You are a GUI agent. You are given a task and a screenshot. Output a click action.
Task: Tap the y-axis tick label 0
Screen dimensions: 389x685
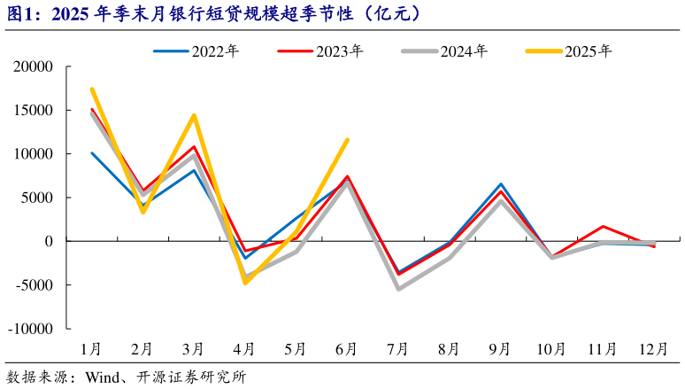click(50, 241)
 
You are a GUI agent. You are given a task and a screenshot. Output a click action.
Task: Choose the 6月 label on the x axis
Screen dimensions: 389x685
click(347, 349)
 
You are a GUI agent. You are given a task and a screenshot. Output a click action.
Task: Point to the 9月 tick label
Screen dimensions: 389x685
click(501, 349)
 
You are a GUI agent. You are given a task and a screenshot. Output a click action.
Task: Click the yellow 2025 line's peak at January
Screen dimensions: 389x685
click(92, 89)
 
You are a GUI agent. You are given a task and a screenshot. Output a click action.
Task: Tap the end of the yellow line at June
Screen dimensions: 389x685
click(347, 140)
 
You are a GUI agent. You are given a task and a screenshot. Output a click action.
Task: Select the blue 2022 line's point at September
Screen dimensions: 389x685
click(501, 184)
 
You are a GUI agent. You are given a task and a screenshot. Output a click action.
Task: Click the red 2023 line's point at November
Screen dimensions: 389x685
click(603, 227)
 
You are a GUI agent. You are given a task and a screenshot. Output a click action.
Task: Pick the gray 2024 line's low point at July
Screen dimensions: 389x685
click(398, 289)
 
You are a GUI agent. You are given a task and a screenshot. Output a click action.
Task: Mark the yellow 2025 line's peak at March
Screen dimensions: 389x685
click(194, 115)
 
